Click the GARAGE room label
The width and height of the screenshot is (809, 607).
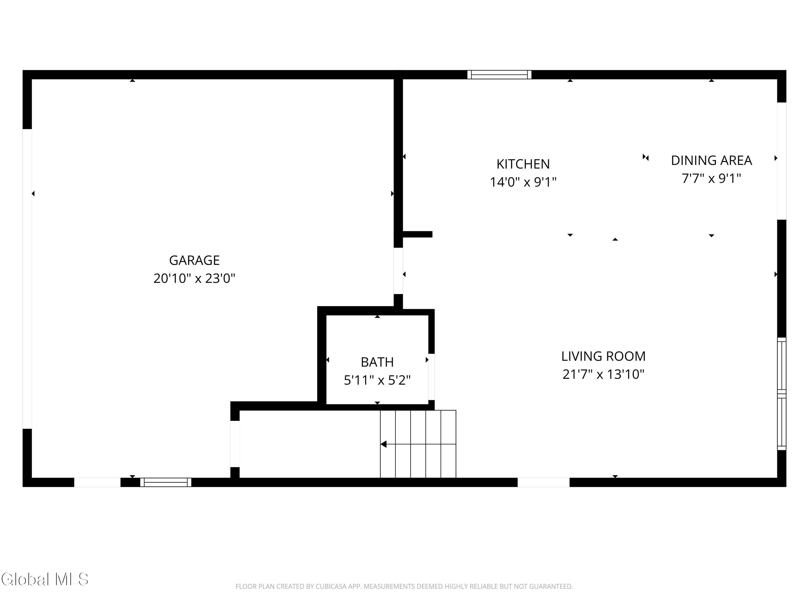[x=194, y=260]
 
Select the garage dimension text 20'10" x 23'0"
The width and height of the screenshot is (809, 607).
[x=194, y=278]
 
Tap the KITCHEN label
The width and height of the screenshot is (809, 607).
[x=523, y=164]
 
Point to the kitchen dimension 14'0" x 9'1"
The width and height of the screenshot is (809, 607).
[x=523, y=182]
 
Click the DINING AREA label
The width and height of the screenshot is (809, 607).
[x=711, y=160]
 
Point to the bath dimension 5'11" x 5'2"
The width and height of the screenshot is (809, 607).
[x=377, y=380]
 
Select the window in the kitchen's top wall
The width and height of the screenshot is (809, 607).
[x=499, y=75]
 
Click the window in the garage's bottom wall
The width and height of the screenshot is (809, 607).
[x=166, y=482]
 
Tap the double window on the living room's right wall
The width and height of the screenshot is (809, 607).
[x=781, y=394]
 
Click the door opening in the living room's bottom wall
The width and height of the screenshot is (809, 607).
[x=543, y=482]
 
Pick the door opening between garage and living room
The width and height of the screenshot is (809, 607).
[x=398, y=271]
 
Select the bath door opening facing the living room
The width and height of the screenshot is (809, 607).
[x=431, y=377]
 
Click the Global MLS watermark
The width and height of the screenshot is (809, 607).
[x=44, y=579]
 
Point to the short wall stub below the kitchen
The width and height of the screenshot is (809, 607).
[x=417, y=234]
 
